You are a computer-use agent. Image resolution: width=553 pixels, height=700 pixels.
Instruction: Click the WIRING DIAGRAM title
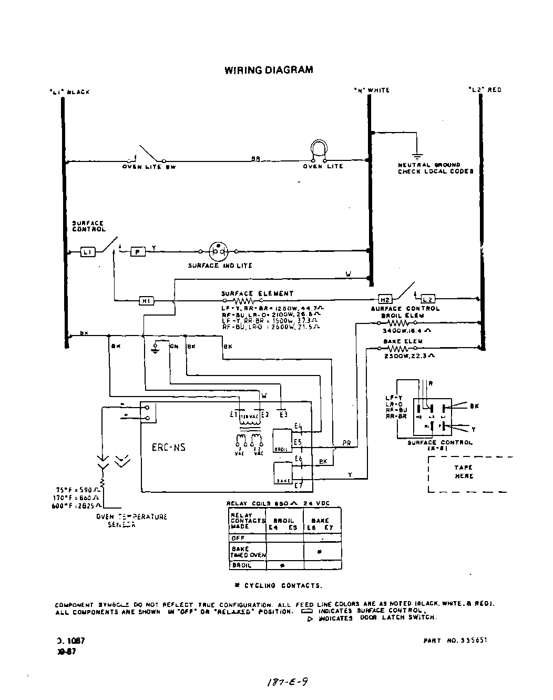[x=269, y=70]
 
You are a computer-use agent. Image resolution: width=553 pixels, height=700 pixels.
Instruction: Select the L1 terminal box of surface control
[x=87, y=252]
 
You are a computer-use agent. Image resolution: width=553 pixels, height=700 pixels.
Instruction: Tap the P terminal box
[x=138, y=252]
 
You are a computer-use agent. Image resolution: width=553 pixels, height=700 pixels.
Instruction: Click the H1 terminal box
[x=146, y=300]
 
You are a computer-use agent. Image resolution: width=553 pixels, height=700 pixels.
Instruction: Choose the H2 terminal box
[x=385, y=300]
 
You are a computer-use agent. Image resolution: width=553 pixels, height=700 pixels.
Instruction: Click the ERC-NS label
[x=168, y=448]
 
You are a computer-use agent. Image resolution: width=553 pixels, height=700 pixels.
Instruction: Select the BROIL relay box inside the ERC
[x=281, y=441]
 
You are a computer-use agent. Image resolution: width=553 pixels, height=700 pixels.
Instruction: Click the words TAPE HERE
[x=464, y=472]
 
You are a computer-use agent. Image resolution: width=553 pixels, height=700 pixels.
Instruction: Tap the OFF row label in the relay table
[x=238, y=538]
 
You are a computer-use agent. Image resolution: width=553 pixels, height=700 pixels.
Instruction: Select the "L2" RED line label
[x=485, y=90]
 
